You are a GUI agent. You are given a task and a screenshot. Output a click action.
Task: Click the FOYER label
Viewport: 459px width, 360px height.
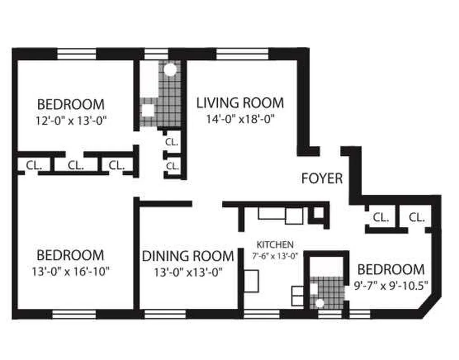pyautogui.click(x=322, y=179)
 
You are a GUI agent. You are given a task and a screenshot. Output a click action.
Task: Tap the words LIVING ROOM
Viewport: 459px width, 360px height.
pyautogui.click(x=240, y=103)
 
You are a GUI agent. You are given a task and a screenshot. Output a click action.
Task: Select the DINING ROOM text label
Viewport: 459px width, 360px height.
pyautogui.click(x=188, y=256)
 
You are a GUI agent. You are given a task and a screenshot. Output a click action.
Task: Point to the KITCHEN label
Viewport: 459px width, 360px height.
pyautogui.click(x=275, y=245)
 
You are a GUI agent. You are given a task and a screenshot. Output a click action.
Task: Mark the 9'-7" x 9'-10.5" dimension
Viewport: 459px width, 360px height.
pyautogui.click(x=390, y=286)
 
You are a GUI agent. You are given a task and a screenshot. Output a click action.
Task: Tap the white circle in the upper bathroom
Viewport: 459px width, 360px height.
pyautogui.click(x=170, y=70)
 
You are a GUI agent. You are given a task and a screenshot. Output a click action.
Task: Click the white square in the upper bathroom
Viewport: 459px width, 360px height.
pyautogui.click(x=148, y=110)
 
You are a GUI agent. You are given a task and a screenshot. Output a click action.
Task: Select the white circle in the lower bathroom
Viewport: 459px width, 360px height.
pyautogui.click(x=320, y=303)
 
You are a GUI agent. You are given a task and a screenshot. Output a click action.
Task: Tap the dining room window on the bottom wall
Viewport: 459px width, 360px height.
pyautogui.click(x=165, y=314)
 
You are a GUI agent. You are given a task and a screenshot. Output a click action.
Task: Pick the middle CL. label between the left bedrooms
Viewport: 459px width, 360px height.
pyautogui.click(x=76, y=165)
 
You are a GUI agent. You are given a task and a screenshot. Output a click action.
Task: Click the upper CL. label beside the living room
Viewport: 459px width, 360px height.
pyautogui.click(x=172, y=141)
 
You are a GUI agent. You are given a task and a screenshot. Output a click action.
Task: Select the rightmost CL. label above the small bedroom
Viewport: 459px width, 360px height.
pyautogui.click(x=417, y=218)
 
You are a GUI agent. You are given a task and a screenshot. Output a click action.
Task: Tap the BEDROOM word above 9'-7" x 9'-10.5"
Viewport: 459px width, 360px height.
pyautogui.click(x=390, y=270)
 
